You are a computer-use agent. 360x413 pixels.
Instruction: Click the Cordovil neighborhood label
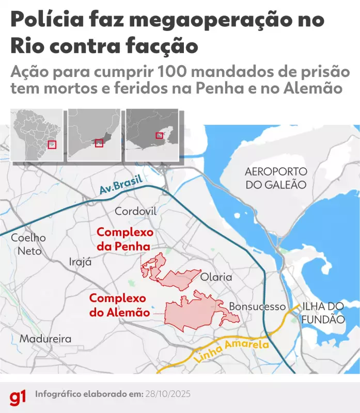click(135, 211)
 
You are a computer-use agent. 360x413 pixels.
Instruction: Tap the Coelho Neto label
click(28, 245)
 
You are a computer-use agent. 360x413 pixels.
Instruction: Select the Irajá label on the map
click(80, 262)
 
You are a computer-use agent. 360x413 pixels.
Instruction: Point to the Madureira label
click(45, 339)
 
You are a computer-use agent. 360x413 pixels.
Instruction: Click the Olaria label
click(216, 277)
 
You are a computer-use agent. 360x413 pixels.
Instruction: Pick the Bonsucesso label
click(257, 307)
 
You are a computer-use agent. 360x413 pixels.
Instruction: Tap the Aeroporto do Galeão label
click(276, 178)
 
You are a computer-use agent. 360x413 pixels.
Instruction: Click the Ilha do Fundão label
click(323, 313)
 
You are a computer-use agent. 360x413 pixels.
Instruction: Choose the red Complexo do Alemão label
click(118, 305)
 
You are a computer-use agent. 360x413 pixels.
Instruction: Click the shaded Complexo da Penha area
click(178, 278)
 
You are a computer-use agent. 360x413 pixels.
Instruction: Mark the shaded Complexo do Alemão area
click(194, 311)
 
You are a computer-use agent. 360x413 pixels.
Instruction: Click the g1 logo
click(18, 396)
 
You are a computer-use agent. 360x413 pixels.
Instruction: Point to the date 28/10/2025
click(167, 394)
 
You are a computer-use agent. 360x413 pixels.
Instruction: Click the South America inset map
click(37, 135)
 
